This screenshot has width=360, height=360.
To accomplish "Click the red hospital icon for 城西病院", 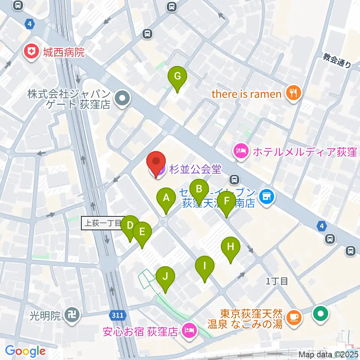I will click(31, 52).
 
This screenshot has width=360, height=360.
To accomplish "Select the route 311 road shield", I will click(118, 315).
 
